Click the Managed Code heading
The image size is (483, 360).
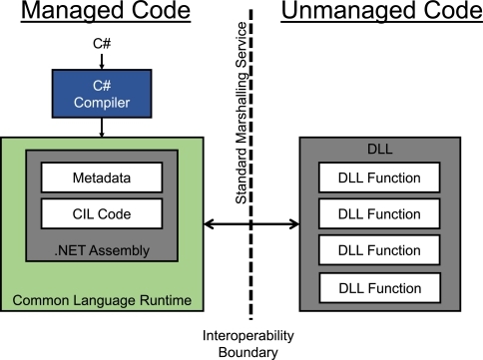(x=106, y=11)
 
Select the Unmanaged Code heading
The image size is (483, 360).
(x=382, y=11)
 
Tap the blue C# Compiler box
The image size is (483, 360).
(x=102, y=94)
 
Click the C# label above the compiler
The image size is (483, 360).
(x=102, y=44)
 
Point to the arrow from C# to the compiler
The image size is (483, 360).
(x=102, y=61)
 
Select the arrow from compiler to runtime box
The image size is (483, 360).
(x=102, y=128)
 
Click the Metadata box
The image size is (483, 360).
(x=102, y=178)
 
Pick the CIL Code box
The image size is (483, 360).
(x=102, y=213)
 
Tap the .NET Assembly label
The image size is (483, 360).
(x=102, y=250)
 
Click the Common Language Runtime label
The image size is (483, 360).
(x=102, y=300)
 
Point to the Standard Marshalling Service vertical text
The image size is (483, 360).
(x=241, y=113)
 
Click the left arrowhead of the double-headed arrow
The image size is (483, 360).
(x=209, y=224)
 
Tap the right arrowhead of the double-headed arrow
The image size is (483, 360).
(x=294, y=224)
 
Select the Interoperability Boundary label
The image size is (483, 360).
(x=248, y=344)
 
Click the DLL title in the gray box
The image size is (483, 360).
(x=380, y=149)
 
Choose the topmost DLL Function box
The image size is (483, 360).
(x=379, y=178)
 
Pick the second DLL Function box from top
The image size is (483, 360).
(x=379, y=213)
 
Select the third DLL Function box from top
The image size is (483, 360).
(x=379, y=250)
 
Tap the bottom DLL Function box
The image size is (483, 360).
(x=380, y=288)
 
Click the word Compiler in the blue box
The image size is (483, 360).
(x=102, y=103)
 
